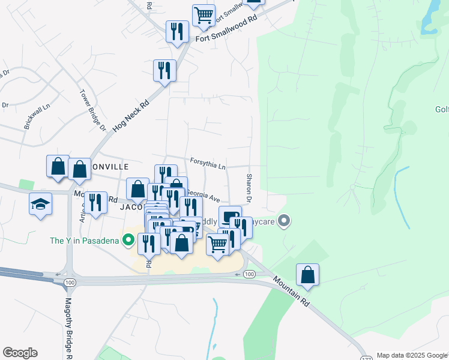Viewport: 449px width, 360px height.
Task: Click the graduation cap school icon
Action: coord(40,204)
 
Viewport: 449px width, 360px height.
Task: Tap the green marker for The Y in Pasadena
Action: coord(128,241)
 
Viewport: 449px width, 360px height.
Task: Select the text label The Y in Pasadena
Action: coord(85,241)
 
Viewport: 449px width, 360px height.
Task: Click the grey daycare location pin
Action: coord(285,222)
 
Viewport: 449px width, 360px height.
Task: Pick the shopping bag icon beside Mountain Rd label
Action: coord(307,275)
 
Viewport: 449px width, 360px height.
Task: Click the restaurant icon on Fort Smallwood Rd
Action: coord(177,31)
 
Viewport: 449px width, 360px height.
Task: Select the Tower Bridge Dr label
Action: coord(93,111)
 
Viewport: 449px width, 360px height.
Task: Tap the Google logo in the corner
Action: coord(20,353)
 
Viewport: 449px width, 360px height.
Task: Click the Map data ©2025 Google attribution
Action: coord(412,355)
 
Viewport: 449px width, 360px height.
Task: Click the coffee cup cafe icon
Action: coord(229,215)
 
